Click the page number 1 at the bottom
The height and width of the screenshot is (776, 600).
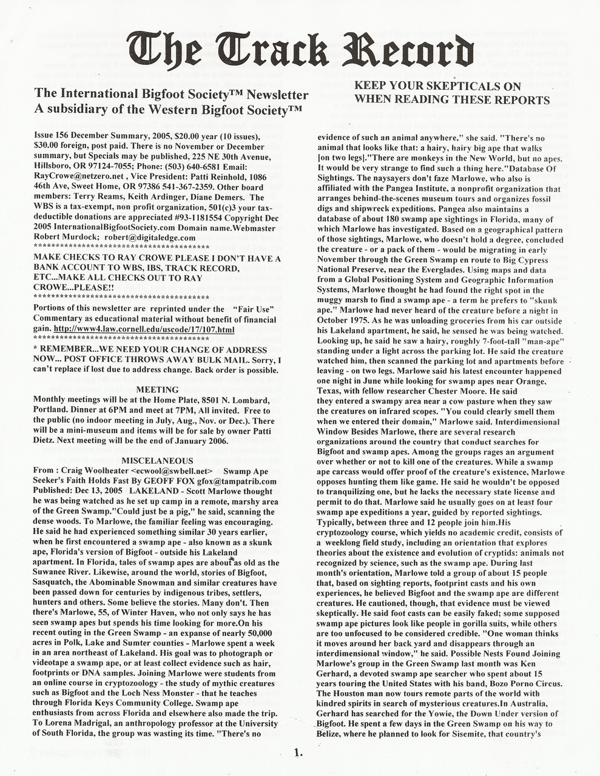click(297, 754)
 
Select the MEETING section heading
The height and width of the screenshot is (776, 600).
click(158, 390)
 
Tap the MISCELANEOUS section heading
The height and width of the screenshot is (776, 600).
click(157, 461)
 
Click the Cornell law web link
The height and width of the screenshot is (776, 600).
click(144, 329)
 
